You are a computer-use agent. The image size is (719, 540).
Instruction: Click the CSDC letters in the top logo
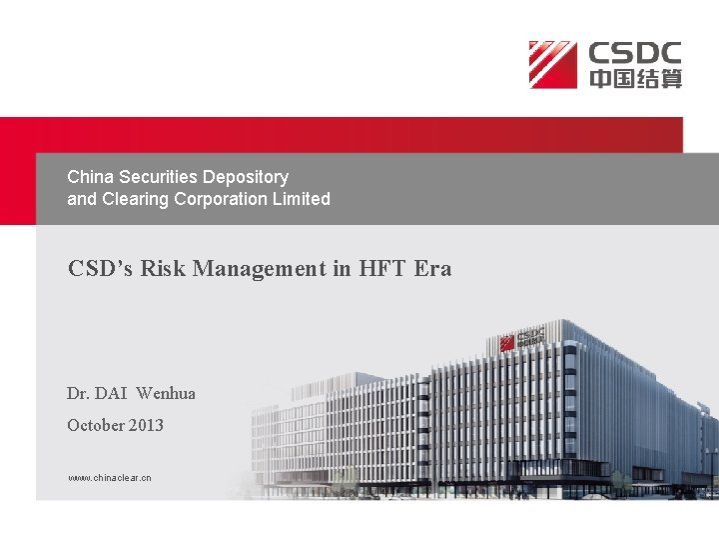(x=634, y=53)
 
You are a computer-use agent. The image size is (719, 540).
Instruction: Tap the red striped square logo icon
(x=553, y=64)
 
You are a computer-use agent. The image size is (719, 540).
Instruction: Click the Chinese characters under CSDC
(x=634, y=78)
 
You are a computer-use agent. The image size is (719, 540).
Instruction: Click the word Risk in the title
(x=160, y=268)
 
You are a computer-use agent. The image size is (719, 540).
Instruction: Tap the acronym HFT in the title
(x=380, y=268)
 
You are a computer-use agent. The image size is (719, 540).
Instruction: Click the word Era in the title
(x=433, y=268)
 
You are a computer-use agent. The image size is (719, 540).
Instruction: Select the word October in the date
(x=95, y=425)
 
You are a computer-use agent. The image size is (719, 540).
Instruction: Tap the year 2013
(x=146, y=425)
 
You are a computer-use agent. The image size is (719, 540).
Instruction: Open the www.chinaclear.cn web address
(x=109, y=478)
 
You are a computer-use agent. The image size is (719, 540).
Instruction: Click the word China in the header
(x=88, y=177)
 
